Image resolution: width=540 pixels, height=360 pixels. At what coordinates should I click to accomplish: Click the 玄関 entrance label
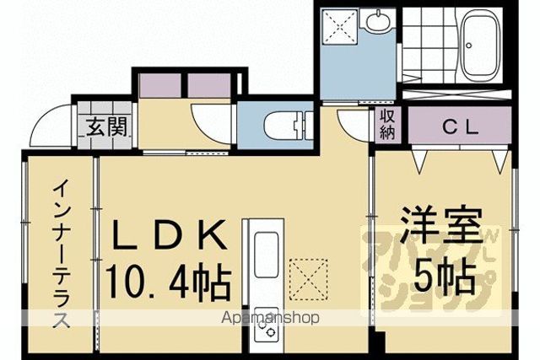point(106,127)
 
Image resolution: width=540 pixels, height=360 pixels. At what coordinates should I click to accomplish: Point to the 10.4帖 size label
point(168,281)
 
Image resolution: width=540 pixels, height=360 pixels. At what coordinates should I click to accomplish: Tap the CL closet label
point(460,127)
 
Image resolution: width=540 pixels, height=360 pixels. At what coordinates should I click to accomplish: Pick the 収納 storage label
point(387,124)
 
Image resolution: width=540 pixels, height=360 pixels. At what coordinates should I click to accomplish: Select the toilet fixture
point(289,126)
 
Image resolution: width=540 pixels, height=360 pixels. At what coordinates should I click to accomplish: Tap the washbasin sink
point(378,19)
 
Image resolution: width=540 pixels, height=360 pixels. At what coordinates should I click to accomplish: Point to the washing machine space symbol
point(339,27)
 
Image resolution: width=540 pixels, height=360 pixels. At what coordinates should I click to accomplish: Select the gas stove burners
point(266,328)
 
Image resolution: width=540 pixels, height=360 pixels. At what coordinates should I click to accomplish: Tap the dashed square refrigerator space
point(308,279)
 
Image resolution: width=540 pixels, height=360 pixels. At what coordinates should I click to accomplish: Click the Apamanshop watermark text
point(270,317)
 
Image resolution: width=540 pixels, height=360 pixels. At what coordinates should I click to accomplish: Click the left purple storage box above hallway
point(160,85)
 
